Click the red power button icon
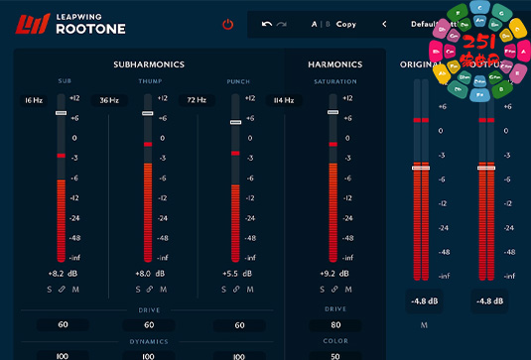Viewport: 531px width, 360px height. coord(228,23)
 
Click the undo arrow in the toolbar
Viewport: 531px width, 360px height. coord(266,23)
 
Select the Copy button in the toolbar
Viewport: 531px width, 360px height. coord(346,23)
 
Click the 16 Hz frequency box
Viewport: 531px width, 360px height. coord(33,100)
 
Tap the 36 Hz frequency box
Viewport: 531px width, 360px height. coord(107,100)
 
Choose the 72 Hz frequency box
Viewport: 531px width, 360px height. coord(196,100)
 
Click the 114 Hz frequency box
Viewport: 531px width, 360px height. coord(284,100)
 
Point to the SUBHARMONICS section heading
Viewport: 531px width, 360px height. coord(149,64)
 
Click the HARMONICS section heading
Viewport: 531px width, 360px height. coord(334,64)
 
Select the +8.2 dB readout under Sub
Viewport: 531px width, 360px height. coord(62,272)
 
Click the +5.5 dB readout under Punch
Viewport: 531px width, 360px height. coord(236,272)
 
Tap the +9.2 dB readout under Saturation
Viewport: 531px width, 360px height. coord(334,272)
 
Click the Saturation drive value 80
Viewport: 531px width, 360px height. coord(334,324)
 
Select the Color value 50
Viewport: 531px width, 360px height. coord(334,355)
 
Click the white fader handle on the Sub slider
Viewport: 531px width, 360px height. coord(61,113)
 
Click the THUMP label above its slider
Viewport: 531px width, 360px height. coord(148,82)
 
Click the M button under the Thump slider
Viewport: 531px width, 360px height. coord(162,290)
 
